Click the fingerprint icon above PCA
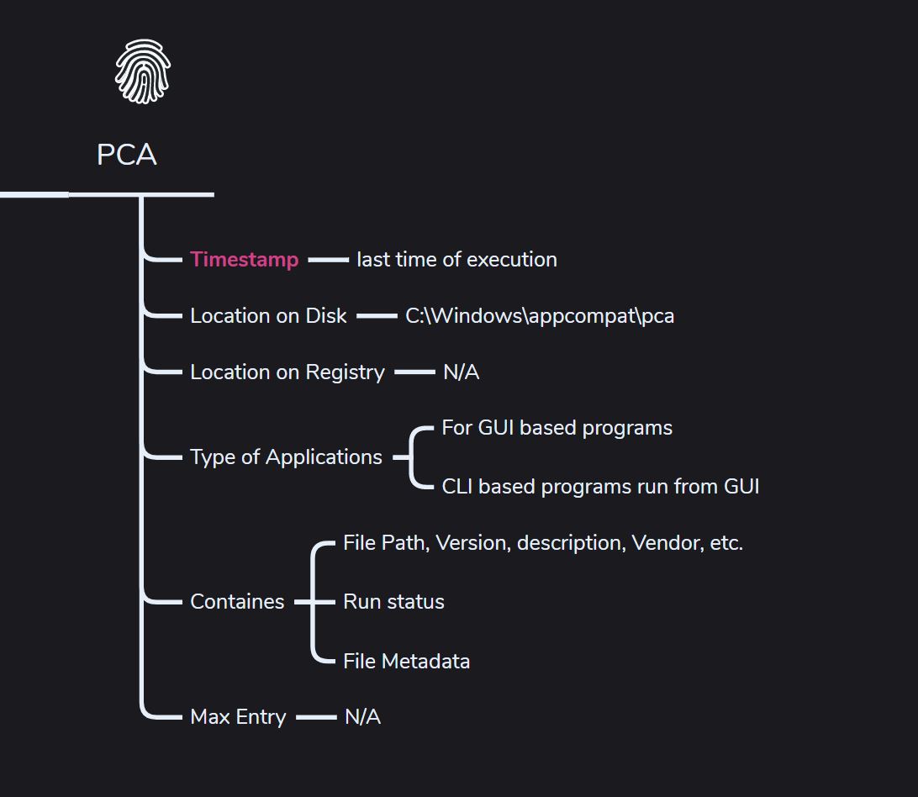point(143,71)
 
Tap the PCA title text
point(127,155)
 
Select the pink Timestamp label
point(245,260)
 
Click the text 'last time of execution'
point(456,260)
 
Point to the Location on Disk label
point(268,315)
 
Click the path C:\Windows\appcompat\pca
point(540,316)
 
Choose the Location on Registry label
point(288,372)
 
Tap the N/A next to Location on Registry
point(462,372)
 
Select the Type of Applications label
point(287,457)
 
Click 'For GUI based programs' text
point(557,428)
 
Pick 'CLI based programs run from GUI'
point(601,487)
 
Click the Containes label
point(237,601)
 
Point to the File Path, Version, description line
point(543,543)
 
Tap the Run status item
point(393,601)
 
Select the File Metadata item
point(406,661)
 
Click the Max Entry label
point(238,717)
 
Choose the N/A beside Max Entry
point(363,717)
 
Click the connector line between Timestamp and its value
point(328,260)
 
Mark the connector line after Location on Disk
point(377,316)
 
